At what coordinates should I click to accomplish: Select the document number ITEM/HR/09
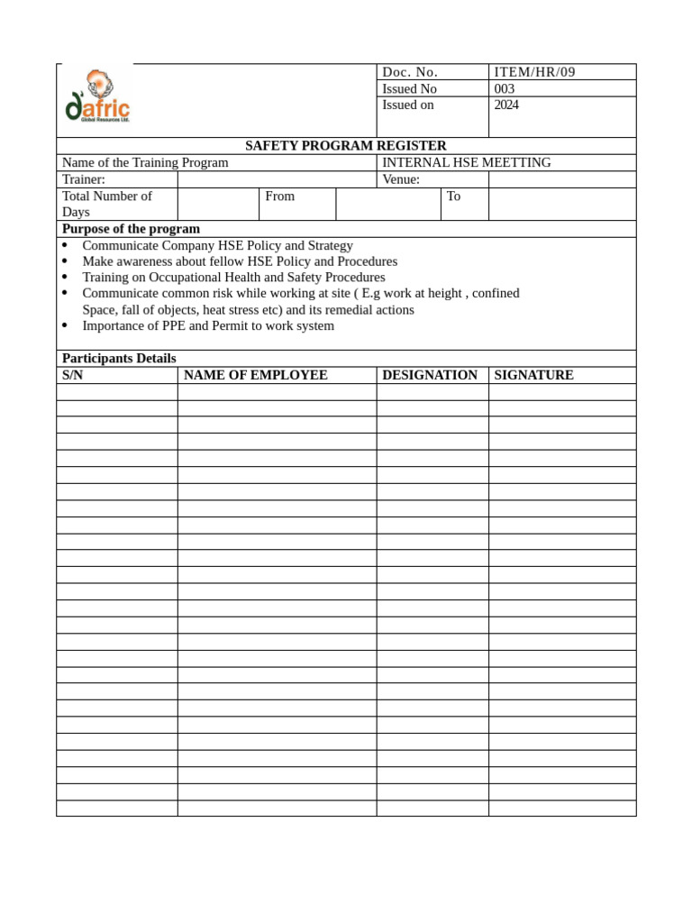(534, 72)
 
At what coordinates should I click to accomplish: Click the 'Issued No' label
(409, 88)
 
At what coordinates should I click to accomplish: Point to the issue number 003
(505, 88)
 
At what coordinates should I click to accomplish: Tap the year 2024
(506, 105)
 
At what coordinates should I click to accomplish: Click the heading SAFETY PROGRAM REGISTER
(346, 146)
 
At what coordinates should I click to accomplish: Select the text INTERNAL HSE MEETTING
(466, 162)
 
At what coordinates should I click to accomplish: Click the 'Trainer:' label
(84, 179)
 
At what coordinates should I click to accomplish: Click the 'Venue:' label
(401, 179)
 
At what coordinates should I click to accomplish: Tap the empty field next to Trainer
(277, 179)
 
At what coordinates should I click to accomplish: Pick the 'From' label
(279, 196)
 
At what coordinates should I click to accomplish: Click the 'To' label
(453, 196)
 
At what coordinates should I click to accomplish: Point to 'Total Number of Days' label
(106, 204)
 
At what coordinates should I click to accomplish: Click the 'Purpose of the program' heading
(131, 229)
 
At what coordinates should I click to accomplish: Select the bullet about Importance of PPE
(207, 325)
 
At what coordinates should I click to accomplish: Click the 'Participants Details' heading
(119, 359)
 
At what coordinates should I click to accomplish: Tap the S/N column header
(73, 375)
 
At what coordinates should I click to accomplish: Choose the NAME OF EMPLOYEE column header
(255, 375)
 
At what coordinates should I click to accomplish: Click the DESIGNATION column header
(430, 375)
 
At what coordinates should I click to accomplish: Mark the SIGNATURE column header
(533, 375)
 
